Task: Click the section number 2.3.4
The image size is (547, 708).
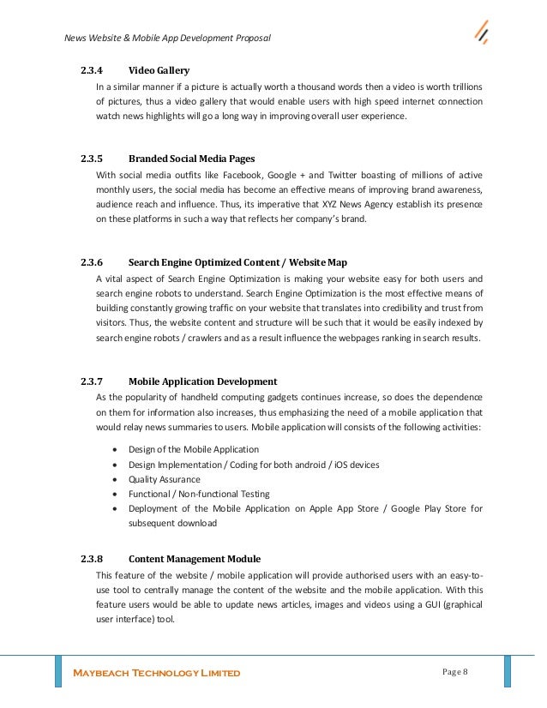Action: coord(91,70)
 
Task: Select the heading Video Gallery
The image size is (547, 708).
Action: coord(159,70)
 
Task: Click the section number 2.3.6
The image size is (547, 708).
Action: coord(91,261)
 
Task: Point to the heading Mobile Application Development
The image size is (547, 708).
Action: coord(202,381)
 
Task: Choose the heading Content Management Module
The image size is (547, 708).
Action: coord(195,535)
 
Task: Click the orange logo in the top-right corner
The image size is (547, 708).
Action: coord(482,33)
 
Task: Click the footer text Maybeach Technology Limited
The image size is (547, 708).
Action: coord(155,673)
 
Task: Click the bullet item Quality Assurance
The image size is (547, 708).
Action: coord(165,479)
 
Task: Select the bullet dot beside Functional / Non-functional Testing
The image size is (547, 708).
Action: coord(116,495)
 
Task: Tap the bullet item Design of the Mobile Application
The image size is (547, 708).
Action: coord(194,450)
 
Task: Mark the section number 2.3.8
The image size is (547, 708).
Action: coord(91,535)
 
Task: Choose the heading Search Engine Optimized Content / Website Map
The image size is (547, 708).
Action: coord(237,261)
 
